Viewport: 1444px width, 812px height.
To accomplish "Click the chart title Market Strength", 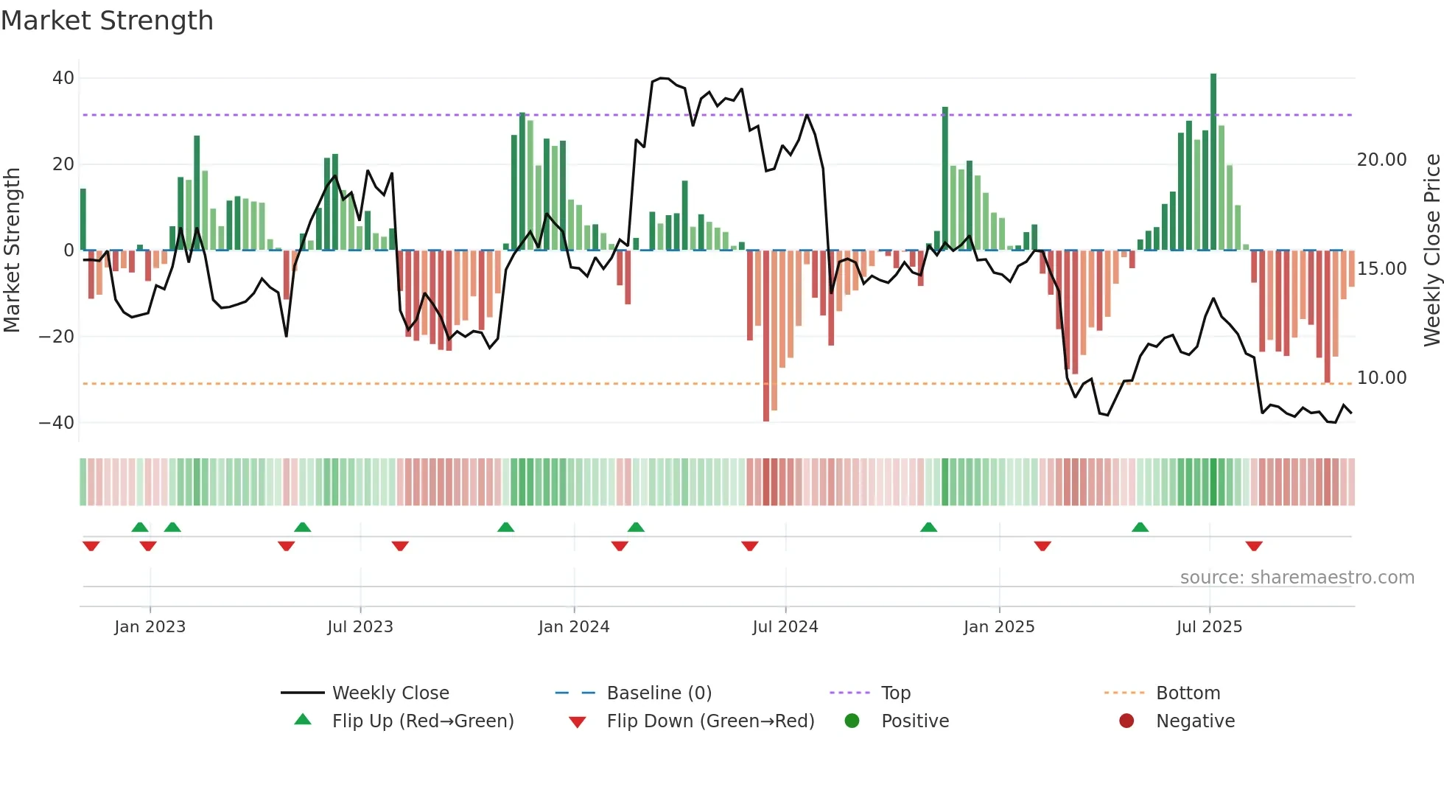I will coord(107,21).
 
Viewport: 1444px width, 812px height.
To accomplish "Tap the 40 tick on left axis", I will coord(63,78).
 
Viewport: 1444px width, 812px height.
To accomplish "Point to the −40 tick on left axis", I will coord(57,423).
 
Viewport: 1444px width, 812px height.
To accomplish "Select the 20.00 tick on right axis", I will coord(1381,160).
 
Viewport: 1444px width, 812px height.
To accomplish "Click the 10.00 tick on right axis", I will coord(1381,378).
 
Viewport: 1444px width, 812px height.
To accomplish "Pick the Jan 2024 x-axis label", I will coord(574,627).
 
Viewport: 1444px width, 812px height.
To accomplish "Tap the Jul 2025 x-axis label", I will coord(1209,627).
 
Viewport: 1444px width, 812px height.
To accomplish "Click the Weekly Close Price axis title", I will coord(1431,251).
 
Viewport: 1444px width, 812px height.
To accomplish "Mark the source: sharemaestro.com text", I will coord(1297,578).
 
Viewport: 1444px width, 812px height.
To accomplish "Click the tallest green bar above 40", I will coord(1213,162).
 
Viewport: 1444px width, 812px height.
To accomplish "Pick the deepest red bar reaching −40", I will coord(766,335).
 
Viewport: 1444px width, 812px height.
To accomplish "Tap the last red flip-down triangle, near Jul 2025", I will coord(1254,546).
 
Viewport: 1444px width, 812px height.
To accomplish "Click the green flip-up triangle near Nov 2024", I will coord(928,527).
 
